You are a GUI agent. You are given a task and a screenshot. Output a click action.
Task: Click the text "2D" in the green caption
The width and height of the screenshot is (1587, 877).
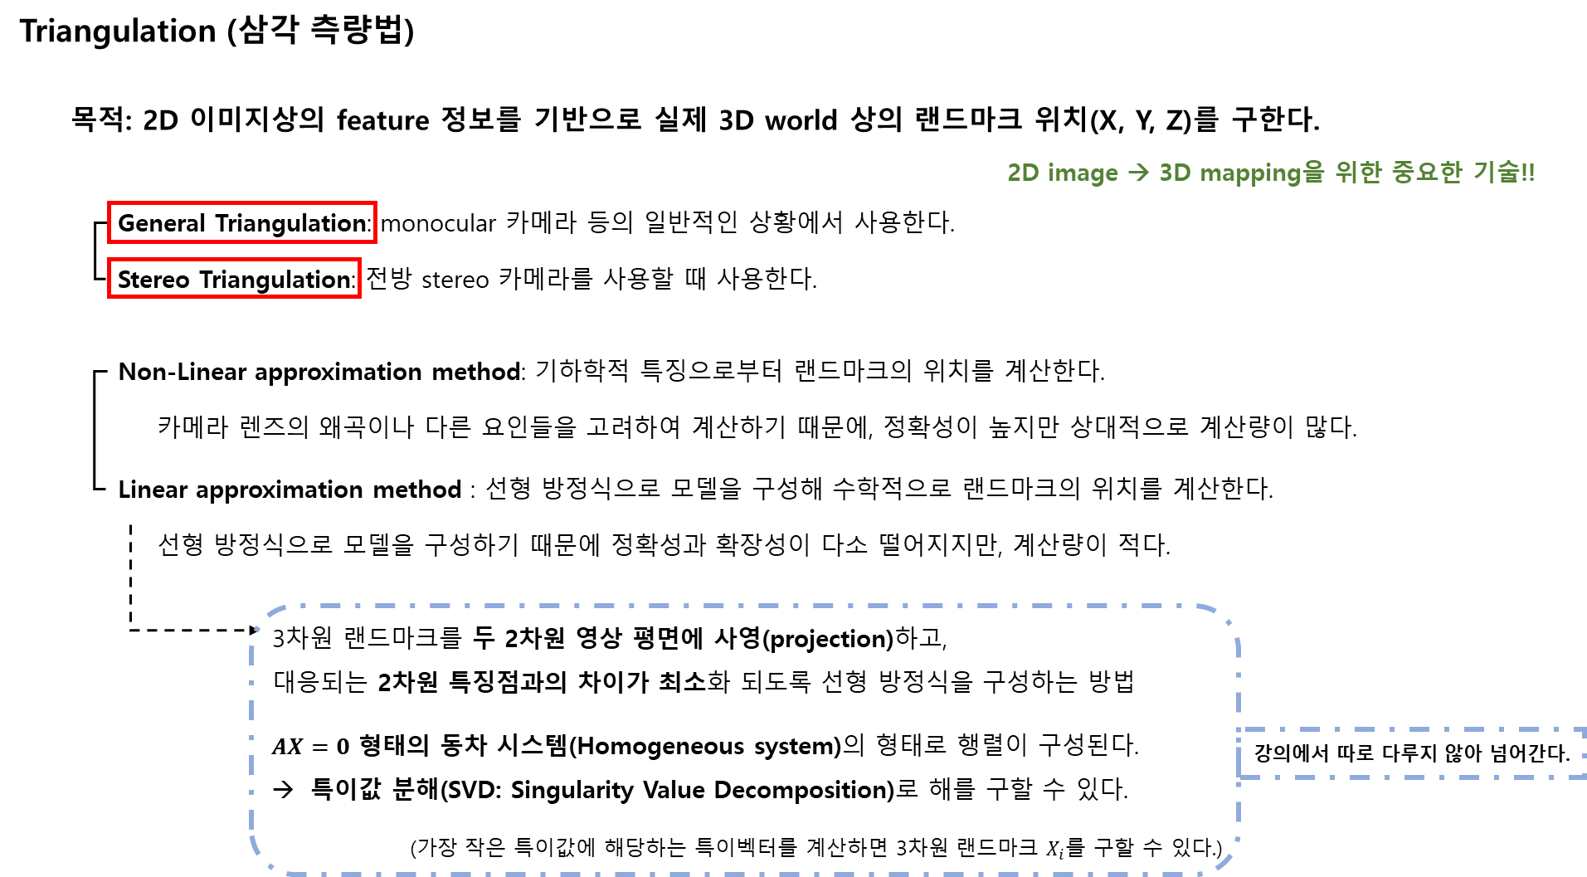tap(1022, 173)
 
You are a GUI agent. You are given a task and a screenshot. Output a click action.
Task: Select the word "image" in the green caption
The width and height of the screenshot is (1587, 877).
tap(1082, 173)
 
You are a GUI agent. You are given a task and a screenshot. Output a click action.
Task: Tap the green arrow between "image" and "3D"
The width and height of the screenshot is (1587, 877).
tap(1138, 173)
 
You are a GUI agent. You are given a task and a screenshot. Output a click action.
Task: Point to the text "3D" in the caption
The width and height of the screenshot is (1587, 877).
tap(1174, 173)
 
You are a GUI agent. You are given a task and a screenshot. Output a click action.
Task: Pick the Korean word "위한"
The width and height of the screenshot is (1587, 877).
tap(1358, 173)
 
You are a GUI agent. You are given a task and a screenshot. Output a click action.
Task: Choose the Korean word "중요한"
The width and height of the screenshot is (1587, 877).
tap(1427, 173)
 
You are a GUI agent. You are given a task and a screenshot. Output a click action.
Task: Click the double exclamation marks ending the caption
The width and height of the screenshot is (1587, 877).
tap(1528, 173)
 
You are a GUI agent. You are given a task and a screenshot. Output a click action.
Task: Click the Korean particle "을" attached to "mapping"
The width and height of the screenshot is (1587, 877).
tap(1313, 173)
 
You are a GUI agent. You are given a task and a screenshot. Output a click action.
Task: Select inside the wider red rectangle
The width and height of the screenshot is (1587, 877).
tap(242, 222)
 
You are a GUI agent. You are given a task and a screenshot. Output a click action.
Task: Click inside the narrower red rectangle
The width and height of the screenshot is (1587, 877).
tap(234, 278)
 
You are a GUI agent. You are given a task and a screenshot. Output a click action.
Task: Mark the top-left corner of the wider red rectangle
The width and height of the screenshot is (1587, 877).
tap(109, 202)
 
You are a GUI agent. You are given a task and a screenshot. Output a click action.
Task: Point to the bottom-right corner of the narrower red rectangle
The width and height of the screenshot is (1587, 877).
tap(359, 295)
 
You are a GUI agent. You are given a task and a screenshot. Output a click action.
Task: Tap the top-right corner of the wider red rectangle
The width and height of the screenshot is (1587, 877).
tap(376, 202)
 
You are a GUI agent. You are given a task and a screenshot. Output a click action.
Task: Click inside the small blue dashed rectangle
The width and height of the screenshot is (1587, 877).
tap(1410, 753)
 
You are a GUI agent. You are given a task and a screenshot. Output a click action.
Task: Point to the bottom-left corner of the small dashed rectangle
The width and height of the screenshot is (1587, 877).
tap(1239, 777)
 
